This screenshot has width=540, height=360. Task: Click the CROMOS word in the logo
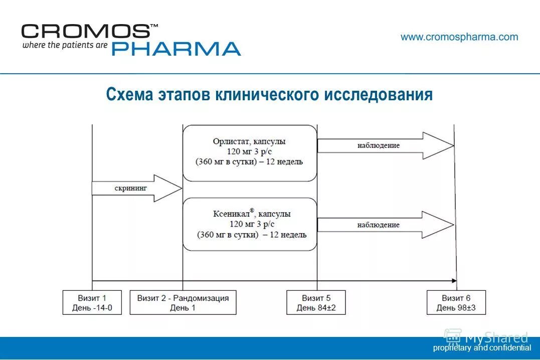click(85, 31)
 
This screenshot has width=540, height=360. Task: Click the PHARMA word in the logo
click(176, 49)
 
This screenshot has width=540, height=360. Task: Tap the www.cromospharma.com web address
click(459, 37)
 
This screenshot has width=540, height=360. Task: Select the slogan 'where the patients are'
click(65, 45)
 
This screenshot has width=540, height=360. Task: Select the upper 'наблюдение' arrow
click(385, 145)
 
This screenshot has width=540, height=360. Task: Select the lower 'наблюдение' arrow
click(385, 225)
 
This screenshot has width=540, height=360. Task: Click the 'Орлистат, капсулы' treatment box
click(249, 152)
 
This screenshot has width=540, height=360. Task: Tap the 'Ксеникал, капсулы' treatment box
click(249, 224)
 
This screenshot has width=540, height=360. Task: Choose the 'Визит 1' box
click(92, 302)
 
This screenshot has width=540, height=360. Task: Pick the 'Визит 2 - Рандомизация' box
click(183, 302)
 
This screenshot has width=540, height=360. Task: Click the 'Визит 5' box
click(316, 302)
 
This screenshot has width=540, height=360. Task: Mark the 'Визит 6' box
click(456, 302)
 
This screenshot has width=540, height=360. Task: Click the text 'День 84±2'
click(316, 308)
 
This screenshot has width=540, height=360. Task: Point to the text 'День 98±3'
click(456, 308)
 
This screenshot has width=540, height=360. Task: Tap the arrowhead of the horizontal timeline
click(454, 281)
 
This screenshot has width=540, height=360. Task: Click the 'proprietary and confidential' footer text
click(482, 347)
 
